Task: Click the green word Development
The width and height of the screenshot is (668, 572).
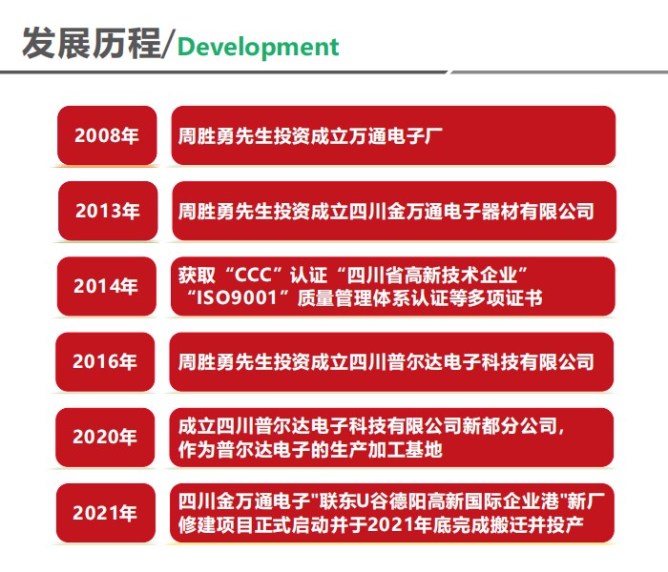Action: tap(258, 47)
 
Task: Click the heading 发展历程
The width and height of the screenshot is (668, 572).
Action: tap(92, 43)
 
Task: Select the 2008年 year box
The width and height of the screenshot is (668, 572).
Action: tap(107, 135)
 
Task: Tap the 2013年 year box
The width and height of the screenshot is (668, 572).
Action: tap(108, 211)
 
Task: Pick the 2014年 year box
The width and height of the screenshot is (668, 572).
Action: tap(107, 286)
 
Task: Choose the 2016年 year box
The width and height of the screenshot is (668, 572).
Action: tap(105, 361)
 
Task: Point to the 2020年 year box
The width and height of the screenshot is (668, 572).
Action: tap(105, 437)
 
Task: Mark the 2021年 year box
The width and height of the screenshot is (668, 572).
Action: tap(106, 513)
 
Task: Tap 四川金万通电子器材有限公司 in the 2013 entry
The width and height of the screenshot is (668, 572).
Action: tap(471, 212)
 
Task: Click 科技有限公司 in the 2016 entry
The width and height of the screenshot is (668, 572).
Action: tap(537, 362)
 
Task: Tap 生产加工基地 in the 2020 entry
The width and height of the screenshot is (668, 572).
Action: tap(386, 449)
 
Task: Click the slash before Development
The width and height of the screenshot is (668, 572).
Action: tap(168, 44)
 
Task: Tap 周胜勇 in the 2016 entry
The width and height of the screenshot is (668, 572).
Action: tap(206, 362)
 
